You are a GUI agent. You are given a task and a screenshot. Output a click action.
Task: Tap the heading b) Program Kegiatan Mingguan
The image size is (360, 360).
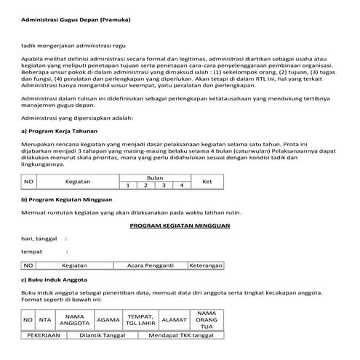[x=66, y=199]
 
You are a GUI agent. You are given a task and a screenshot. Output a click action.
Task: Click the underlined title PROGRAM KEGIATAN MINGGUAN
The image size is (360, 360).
[x=180, y=225]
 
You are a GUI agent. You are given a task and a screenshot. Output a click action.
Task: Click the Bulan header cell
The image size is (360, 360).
[x=155, y=177]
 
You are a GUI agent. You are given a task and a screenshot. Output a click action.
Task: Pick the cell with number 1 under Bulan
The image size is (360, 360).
[x=128, y=185]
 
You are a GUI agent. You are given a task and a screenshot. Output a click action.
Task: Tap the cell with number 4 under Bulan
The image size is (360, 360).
[x=181, y=185]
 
